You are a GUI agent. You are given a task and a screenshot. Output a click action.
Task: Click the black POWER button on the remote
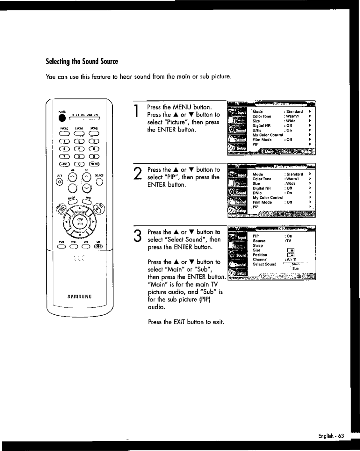click(63, 118)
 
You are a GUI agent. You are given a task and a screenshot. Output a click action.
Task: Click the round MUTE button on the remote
click(59, 182)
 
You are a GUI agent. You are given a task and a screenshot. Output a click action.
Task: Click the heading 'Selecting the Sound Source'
click(82, 61)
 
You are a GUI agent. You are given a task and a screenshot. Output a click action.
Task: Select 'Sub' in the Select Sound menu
click(295, 268)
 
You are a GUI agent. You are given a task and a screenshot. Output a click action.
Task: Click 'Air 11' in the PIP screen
click(292, 260)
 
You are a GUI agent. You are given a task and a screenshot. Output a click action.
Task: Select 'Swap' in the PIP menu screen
click(258, 246)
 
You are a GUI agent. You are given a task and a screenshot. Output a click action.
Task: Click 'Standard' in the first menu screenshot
click(294, 112)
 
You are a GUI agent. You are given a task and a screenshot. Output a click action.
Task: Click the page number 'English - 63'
click(331, 436)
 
